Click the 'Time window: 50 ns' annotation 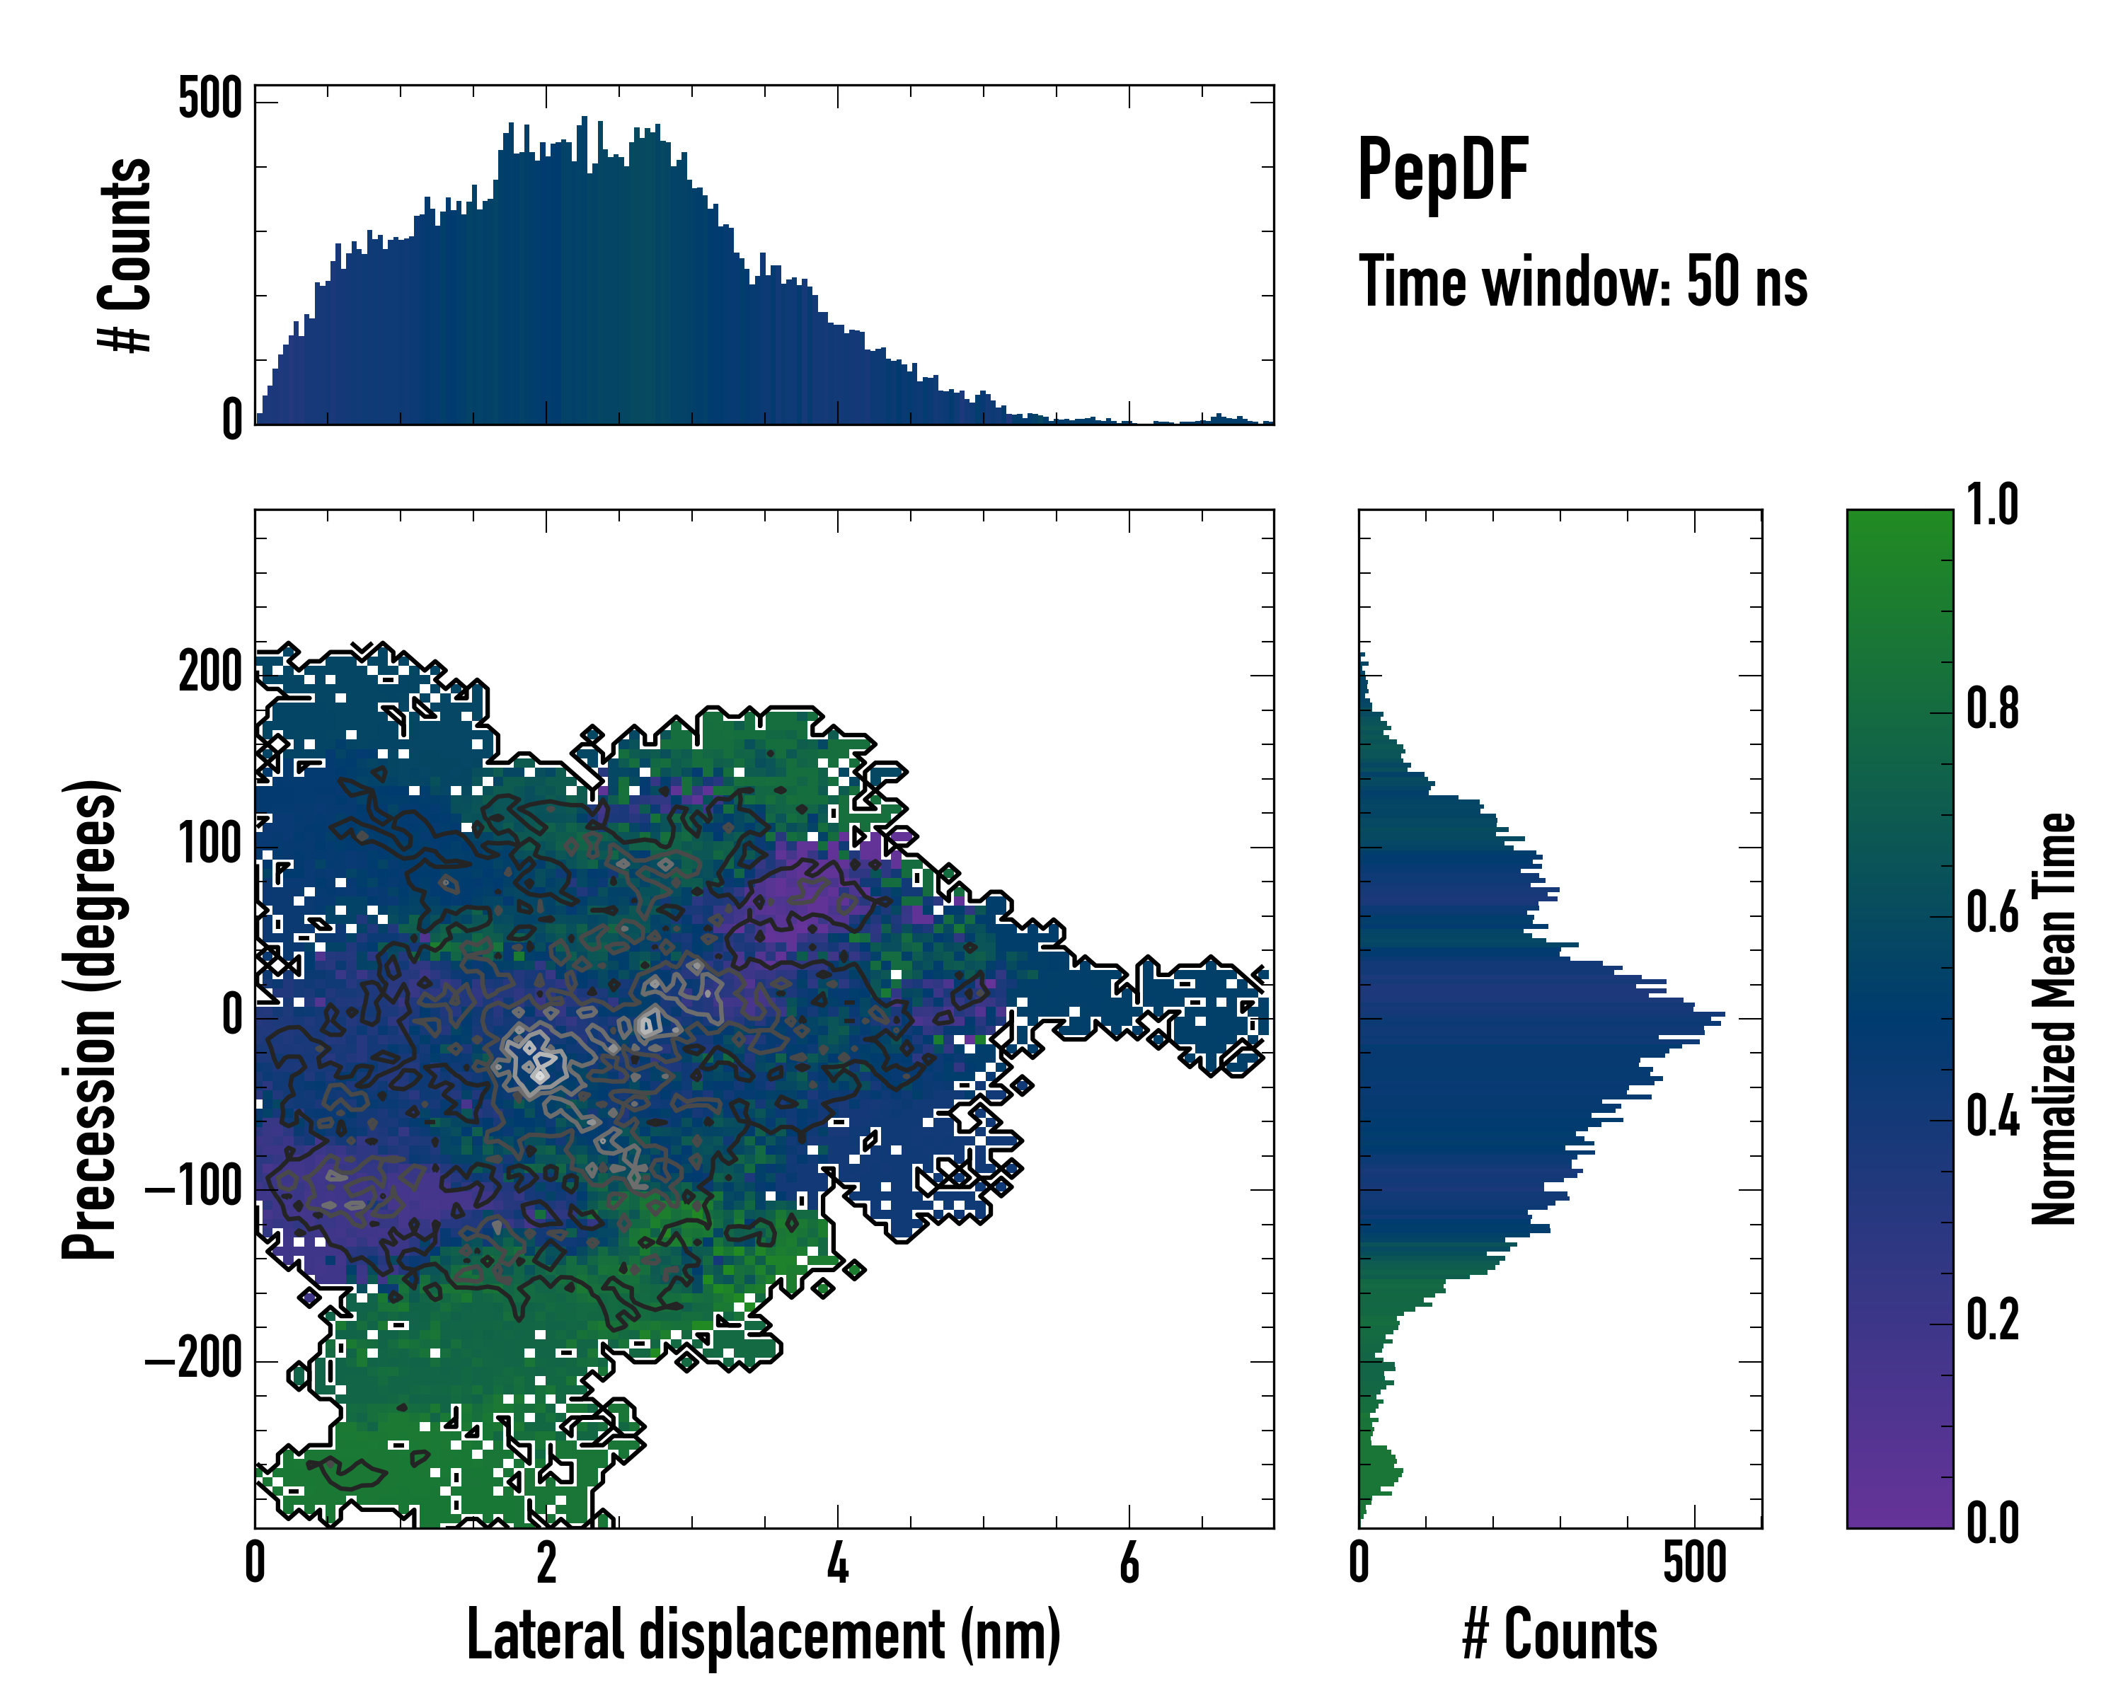coord(1582,282)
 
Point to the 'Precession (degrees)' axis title coord(91,1019)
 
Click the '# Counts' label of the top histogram coord(126,255)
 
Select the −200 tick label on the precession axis coord(194,1361)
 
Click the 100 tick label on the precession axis coord(209,845)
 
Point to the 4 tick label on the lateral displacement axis coord(837,1563)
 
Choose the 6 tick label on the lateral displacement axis coord(1129,1563)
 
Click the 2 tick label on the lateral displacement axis coord(546,1563)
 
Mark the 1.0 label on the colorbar coord(1992,505)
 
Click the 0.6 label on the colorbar coord(1992,913)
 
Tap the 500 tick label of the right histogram coord(1695,1563)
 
